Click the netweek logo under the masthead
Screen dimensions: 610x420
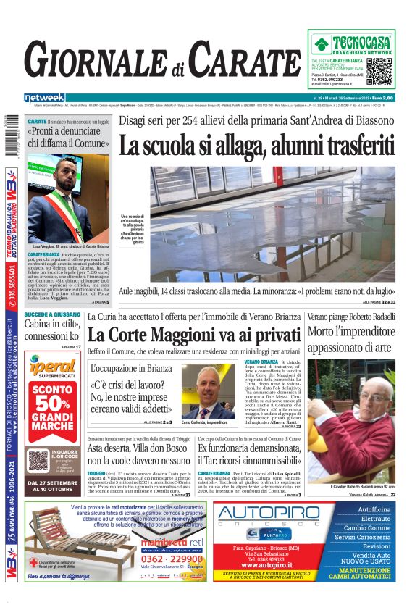click(x=44, y=97)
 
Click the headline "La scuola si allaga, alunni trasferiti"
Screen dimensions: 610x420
click(x=257, y=145)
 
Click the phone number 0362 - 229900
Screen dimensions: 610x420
click(x=172, y=558)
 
